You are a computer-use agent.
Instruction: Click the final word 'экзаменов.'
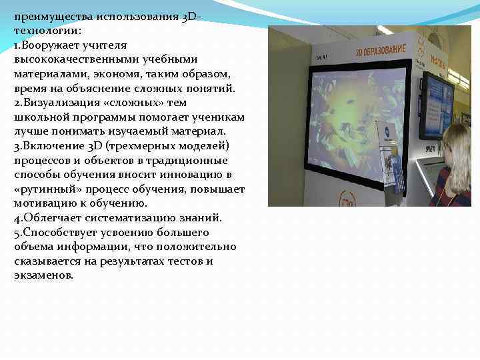[43, 275]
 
